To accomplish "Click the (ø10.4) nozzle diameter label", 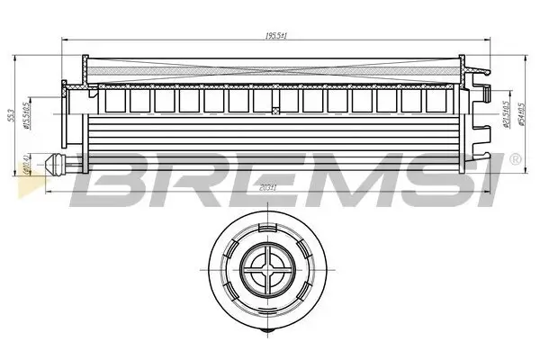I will [28, 165].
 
